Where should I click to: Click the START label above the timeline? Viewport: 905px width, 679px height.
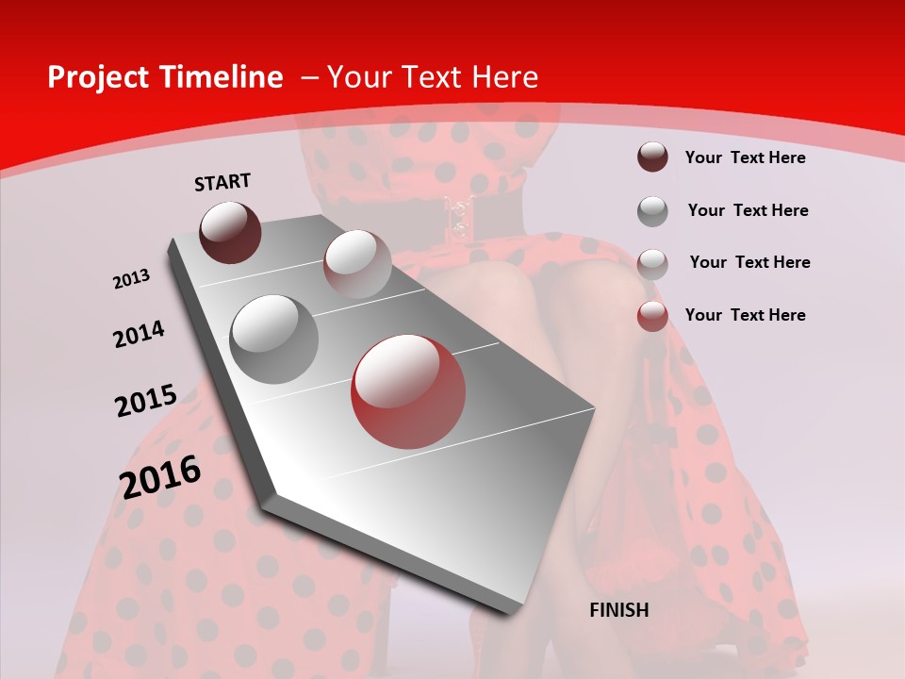222,182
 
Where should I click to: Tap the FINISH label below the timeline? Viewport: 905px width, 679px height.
618,610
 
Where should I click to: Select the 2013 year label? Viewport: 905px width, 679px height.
131,279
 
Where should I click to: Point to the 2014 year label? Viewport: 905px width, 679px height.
140,334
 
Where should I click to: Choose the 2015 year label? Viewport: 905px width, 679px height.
146,401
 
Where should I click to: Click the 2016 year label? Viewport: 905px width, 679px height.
160,476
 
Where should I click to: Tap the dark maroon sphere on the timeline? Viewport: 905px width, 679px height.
230,232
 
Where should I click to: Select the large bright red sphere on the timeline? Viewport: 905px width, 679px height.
408,391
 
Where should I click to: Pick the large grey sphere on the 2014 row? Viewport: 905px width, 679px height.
274,339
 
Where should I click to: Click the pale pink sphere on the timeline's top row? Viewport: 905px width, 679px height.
357,264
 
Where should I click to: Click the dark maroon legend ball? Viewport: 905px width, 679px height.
652,157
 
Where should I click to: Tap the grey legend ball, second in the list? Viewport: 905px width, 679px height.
652,211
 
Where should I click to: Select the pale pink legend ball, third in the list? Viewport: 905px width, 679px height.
652,263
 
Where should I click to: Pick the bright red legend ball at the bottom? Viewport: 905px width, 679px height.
652,316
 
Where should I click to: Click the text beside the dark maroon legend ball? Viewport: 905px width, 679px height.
745,157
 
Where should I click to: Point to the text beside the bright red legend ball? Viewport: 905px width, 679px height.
745,315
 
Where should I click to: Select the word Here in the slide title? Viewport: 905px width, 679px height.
507,77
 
